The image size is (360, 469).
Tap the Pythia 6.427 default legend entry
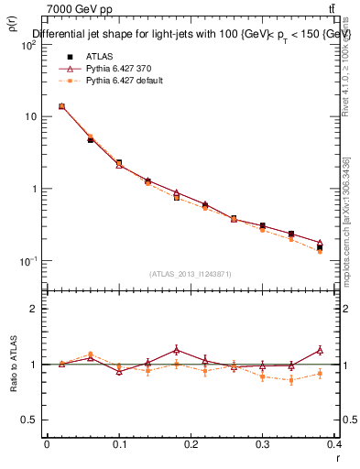point(124,81)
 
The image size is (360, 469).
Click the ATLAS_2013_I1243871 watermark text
point(191,273)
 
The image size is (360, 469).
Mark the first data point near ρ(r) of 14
point(61,106)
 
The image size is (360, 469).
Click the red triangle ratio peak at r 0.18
point(176,349)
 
